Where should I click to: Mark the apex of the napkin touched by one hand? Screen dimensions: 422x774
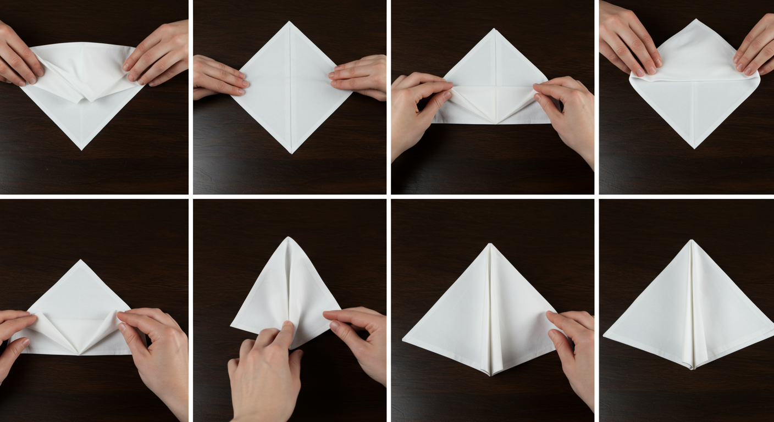490,245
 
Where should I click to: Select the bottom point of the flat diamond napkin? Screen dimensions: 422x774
291,152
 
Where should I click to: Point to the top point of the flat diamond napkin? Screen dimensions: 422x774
290,23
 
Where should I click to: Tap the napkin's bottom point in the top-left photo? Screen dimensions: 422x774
82,149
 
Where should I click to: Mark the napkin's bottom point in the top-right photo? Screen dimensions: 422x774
694,147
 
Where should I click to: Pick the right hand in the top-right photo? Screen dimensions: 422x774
756,47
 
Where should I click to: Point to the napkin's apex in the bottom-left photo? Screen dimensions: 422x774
81,261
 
